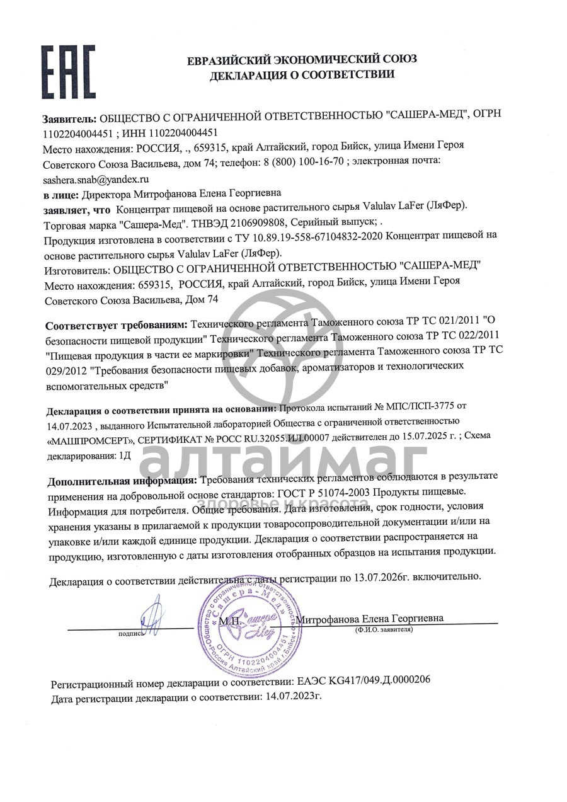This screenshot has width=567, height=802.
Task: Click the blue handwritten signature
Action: [x=151, y=617]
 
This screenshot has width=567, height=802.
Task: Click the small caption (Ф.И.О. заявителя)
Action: [x=384, y=629]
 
